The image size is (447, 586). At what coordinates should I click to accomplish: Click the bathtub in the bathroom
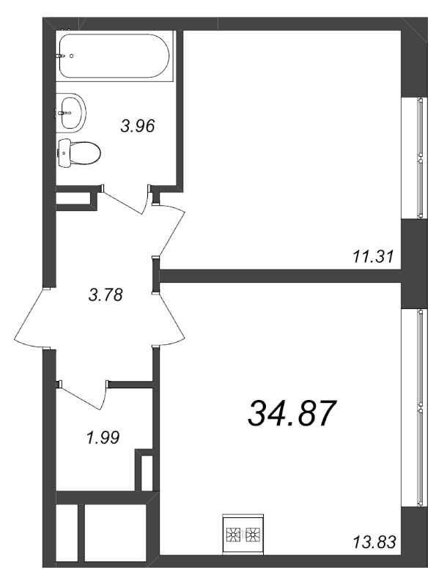(x=114, y=56)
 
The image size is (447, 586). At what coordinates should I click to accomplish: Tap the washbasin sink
(x=71, y=112)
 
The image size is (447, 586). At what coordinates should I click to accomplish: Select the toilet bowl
(x=80, y=152)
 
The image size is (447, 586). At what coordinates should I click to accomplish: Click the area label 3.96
(x=138, y=126)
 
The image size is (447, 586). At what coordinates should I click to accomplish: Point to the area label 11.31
(x=373, y=257)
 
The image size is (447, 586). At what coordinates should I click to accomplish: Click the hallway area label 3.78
(x=106, y=295)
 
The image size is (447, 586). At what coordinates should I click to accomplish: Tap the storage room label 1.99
(x=103, y=437)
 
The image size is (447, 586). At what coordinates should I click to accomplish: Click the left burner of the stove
(x=233, y=535)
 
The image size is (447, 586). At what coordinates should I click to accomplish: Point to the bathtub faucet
(x=61, y=56)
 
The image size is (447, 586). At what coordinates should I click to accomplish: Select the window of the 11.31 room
(x=421, y=157)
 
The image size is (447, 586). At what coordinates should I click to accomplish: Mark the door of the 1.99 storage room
(x=83, y=397)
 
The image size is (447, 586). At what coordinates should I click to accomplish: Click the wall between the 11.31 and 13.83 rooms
(x=280, y=276)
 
